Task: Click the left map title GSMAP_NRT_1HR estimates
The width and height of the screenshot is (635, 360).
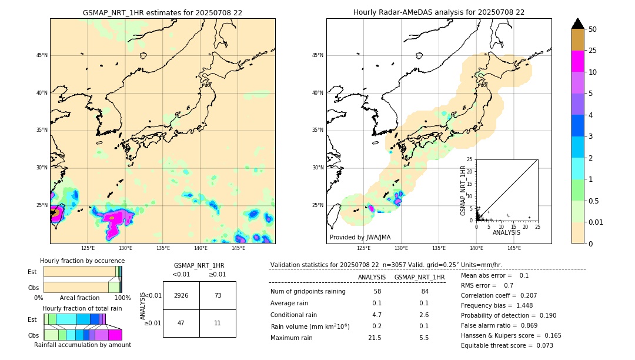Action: click(162, 12)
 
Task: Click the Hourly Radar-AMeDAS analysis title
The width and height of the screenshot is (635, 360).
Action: click(439, 12)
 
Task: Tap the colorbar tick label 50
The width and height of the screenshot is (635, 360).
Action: click(593, 29)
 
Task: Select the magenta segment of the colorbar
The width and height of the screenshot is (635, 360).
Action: click(577, 61)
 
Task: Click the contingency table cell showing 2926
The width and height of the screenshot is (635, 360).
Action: click(181, 295)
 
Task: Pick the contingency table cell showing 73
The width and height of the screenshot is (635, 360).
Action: click(218, 295)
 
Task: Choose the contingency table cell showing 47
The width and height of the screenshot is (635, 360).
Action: click(181, 324)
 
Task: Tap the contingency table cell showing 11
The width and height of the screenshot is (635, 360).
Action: click(218, 324)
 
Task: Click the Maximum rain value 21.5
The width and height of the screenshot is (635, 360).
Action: click(375, 338)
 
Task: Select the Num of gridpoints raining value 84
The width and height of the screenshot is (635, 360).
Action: click(425, 292)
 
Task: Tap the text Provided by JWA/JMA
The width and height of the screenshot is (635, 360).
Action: click(360, 238)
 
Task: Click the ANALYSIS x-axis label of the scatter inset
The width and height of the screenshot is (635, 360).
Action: click(506, 233)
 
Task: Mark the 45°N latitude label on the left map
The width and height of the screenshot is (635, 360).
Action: click(42, 55)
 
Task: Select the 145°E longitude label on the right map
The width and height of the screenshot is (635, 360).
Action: click(514, 248)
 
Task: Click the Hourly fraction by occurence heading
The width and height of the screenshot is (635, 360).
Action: click(82, 261)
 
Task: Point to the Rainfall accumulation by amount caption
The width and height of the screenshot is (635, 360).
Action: click(82, 345)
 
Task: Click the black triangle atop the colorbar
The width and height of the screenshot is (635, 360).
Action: click(577, 24)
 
